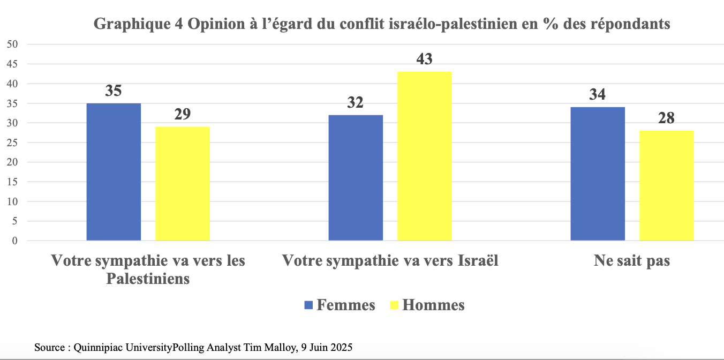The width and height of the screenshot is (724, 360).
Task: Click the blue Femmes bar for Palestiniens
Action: [114, 172]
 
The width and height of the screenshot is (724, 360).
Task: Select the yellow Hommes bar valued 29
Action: [182, 184]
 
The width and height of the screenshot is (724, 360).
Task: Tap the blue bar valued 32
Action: [356, 178]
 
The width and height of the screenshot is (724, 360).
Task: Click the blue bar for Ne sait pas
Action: [598, 174]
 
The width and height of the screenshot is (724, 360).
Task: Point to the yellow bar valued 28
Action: [666, 186]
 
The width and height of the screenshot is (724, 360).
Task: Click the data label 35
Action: [114, 90]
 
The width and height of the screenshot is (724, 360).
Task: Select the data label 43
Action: [424, 58]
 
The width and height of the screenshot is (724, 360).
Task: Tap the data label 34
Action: [598, 94]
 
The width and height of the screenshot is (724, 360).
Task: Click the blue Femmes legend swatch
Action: [308, 305]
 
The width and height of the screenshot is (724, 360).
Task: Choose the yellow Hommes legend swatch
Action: [394, 305]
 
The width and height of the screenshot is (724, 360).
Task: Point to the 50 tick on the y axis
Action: [12, 44]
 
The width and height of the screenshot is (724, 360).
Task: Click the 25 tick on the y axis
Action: [12, 142]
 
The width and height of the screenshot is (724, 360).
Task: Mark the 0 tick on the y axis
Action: [15, 241]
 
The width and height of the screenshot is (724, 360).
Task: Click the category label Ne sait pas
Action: [632, 261]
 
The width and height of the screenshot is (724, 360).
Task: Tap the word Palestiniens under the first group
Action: [148, 279]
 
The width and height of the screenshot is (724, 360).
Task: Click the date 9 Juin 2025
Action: [326, 347]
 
